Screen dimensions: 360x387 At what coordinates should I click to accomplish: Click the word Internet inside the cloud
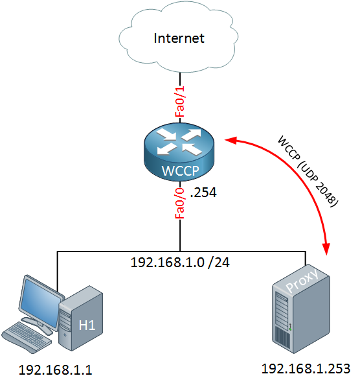179,38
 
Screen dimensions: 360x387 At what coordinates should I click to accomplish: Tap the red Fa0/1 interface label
180,101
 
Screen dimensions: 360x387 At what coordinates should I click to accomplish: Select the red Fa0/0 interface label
180,204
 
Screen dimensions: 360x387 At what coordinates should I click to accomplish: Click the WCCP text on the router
180,170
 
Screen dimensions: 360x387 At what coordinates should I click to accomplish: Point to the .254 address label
203,193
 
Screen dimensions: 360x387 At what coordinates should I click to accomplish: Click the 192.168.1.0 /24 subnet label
180,262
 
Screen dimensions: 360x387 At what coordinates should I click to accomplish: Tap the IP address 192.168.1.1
56,370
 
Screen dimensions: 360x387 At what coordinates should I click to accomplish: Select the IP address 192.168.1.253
306,369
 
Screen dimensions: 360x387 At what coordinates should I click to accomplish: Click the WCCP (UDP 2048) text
308,171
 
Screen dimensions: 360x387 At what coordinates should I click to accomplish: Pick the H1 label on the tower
87,325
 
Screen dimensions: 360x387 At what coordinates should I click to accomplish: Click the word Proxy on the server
302,280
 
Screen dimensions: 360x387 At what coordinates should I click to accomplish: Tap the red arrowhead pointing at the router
231,141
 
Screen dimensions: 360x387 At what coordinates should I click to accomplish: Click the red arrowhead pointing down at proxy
326,248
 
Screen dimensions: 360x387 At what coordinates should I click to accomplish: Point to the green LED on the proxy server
291,329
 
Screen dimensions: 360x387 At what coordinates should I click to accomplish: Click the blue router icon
179,152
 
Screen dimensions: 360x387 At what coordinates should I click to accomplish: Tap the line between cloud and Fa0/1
180,79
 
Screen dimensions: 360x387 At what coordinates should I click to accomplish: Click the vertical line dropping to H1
57,272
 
